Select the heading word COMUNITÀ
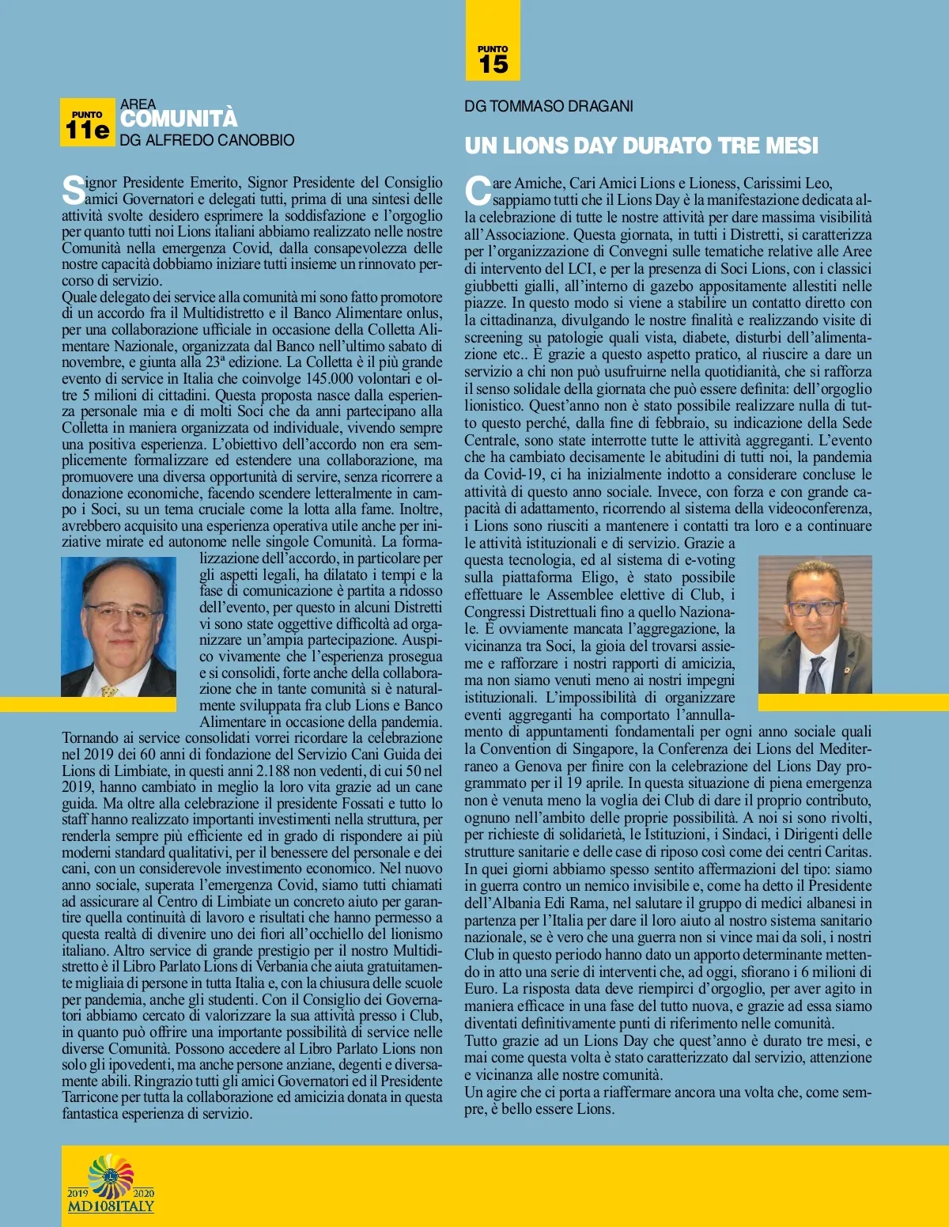tap(179, 119)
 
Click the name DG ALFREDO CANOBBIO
tap(207, 141)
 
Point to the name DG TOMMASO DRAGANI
tap(549, 106)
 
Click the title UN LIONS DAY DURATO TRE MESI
tap(641, 146)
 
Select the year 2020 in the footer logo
tap(144, 1193)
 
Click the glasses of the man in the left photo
tap(120, 612)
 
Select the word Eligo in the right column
tap(600, 578)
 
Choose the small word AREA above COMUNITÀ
tap(138, 104)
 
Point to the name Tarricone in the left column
tap(91, 1097)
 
